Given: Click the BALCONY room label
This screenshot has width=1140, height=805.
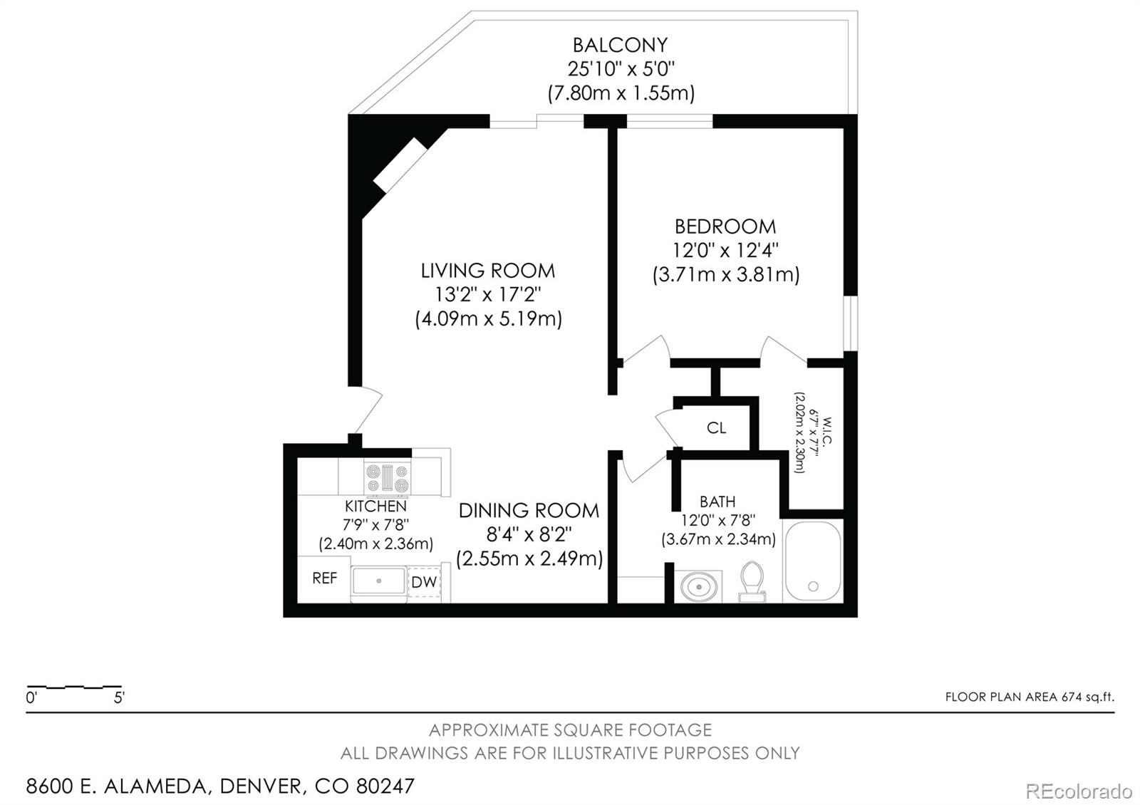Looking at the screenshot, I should click(x=620, y=45).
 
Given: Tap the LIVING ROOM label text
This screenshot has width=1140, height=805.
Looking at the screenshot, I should click(x=487, y=271).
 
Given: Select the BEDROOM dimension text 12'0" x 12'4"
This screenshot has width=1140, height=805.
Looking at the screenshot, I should click(x=725, y=251).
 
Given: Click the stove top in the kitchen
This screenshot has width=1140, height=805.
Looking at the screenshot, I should click(x=387, y=477).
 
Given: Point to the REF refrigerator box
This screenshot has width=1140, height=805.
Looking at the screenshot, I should click(x=324, y=578).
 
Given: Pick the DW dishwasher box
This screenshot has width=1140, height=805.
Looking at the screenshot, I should click(x=424, y=582).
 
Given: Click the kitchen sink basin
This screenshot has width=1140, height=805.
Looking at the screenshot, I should click(x=378, y=582).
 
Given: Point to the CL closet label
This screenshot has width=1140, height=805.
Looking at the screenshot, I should click(x=716, y=427).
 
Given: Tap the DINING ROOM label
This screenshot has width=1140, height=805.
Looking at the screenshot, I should click(x=529, y=510).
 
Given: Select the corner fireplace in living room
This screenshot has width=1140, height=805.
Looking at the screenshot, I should click(x=399, y=165).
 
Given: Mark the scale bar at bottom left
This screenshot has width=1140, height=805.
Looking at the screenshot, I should click(x=74, y=688).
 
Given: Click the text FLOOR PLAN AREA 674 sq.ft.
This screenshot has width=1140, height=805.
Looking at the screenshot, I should click(x=1029, y=697).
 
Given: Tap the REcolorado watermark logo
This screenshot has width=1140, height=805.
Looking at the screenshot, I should click(x=1078, y=791).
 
